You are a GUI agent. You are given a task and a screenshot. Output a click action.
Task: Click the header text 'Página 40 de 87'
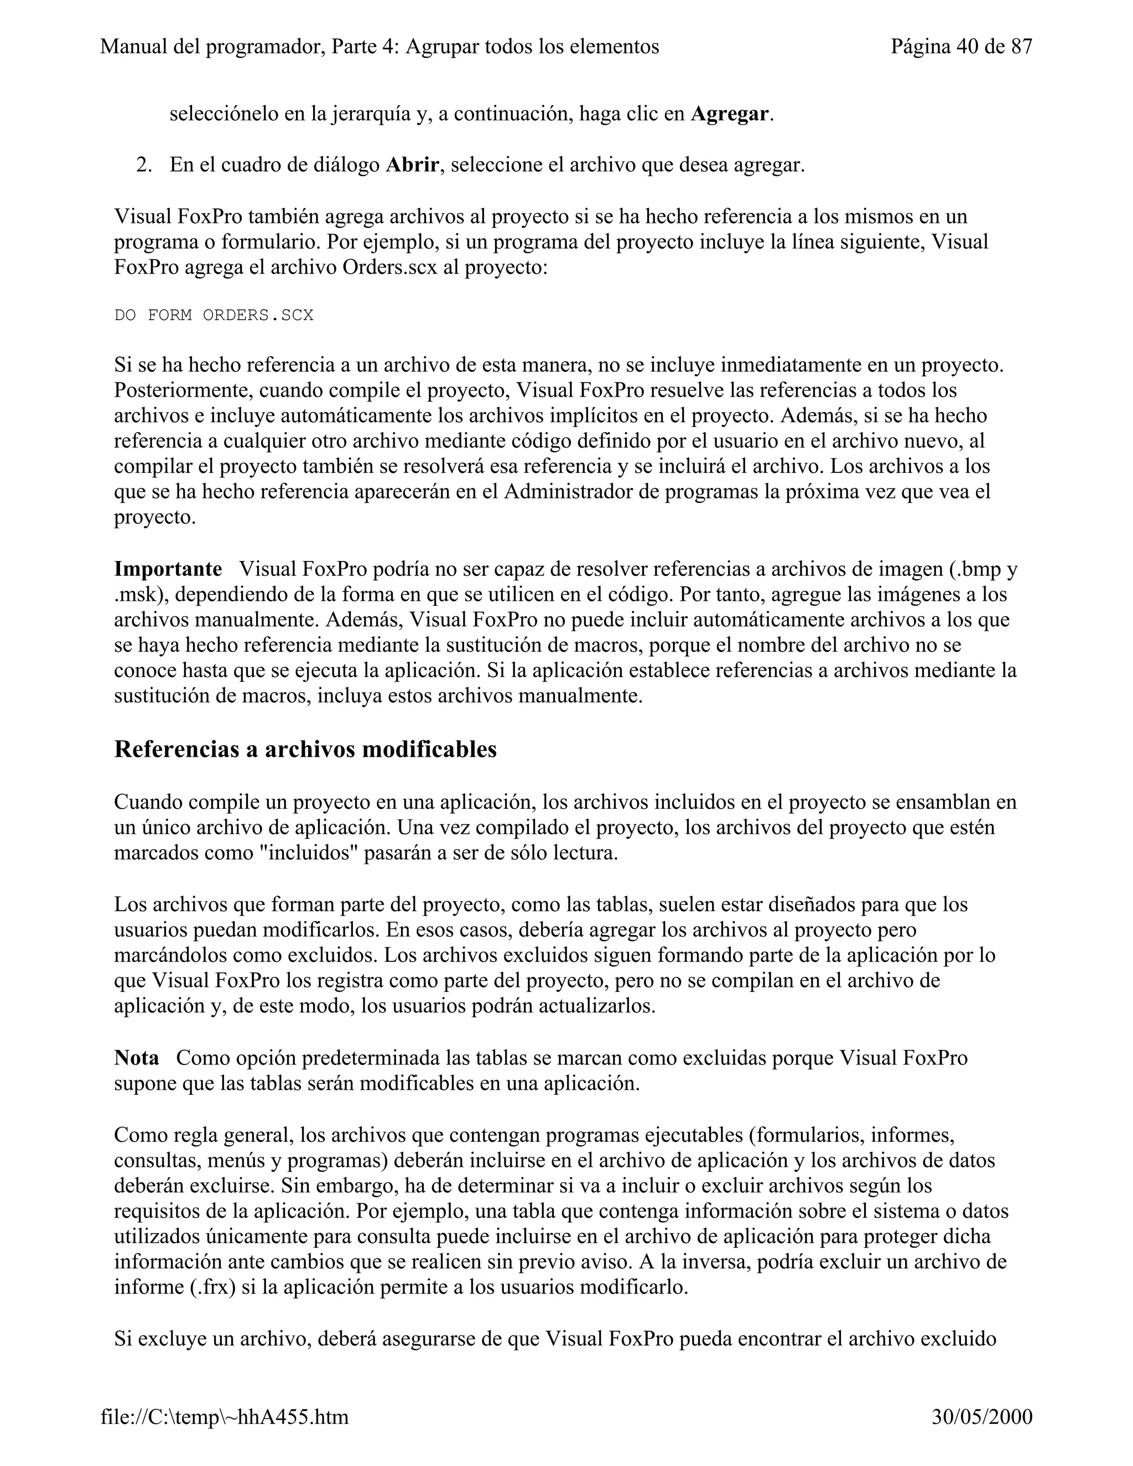[x=961, y=46]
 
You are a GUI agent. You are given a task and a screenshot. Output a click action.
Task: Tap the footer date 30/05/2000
[x=982, y=1416]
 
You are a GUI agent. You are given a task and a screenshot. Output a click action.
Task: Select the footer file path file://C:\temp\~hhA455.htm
[x=225, y=1416]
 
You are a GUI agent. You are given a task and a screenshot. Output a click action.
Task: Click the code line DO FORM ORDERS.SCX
[x=214, y=315]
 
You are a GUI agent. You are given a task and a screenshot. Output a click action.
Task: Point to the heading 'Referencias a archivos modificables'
[x=305, y=749]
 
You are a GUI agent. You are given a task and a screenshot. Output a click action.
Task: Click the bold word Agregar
[x=730, y=114]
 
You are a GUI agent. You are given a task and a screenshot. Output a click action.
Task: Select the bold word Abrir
[x=412, y=165]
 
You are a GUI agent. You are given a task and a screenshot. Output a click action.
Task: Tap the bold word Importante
[x=168, y=569]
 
